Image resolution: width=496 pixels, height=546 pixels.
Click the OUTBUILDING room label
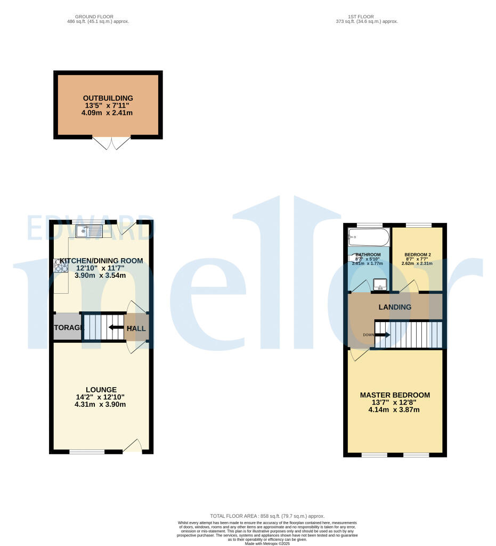tap(108, 98)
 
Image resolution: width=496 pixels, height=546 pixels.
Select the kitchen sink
tap(89, 231)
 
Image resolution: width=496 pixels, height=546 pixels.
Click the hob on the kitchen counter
tap(60, 266)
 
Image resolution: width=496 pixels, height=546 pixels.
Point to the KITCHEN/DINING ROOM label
tap(101, 261)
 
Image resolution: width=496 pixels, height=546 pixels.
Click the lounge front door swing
tap(133, 446)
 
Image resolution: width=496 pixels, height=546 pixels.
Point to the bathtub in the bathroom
tap(368, 236)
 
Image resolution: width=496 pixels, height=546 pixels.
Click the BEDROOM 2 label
tap(417, 254)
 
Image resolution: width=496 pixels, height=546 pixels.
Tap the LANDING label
tap(395, 307)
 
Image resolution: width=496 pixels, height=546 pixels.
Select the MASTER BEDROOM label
tap(395, 395)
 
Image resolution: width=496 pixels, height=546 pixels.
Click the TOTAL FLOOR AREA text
tap(267, 516)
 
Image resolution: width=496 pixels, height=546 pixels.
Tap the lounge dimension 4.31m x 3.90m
tap(100, 405)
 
